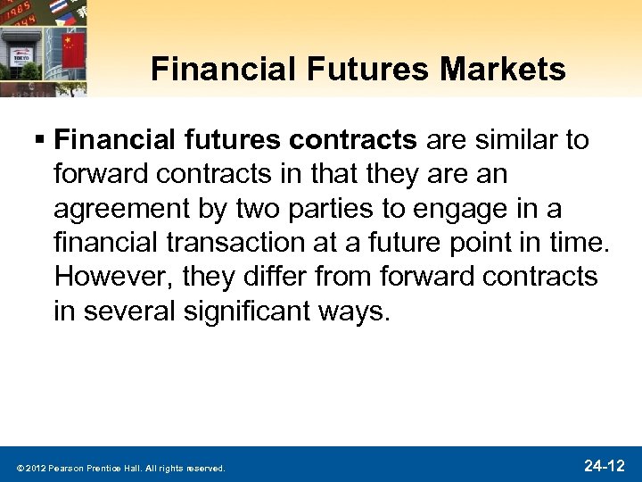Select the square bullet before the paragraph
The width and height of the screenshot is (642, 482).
41,140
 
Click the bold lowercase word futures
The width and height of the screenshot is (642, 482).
233,139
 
